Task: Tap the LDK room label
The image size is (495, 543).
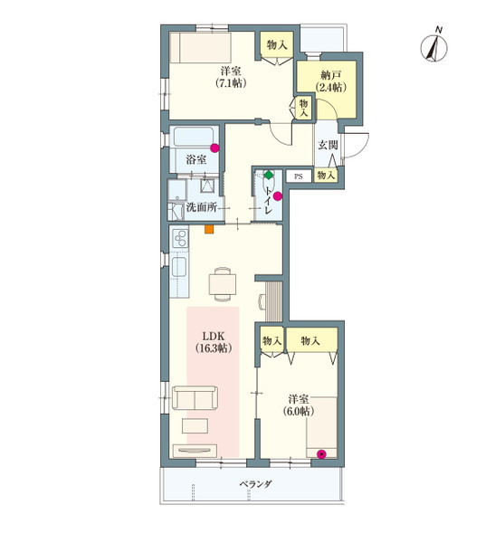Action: (x=214, y=341)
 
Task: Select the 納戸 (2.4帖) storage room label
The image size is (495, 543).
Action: (x=331, y=81)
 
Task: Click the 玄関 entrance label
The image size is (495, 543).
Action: (x=328, y=145)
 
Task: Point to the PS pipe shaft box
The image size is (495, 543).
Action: (x=299, y=176)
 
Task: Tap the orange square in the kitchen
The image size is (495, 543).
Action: (x=209, y=229)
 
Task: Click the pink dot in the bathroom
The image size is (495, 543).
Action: (x=214, y=148)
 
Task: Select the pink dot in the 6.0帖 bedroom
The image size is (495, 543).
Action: (x=322, y=454)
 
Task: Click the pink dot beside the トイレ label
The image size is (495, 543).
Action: (x=278, y=196)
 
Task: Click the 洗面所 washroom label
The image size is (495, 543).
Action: (x=202, y=207)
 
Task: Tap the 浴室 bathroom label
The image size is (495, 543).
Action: (x=196, y=159)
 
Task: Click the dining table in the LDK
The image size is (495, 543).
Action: (x=223, y=284)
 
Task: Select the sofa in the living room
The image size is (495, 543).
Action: (x=195, y=397)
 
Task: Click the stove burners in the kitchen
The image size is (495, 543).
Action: (x=180, y=238)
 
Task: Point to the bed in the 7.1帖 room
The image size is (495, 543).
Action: (x=200, y=47)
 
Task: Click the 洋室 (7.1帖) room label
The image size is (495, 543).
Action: (x=231, y=77)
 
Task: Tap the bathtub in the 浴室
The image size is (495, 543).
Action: (x=193, y=138)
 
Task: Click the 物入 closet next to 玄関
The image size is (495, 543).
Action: (x=326, y=176)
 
